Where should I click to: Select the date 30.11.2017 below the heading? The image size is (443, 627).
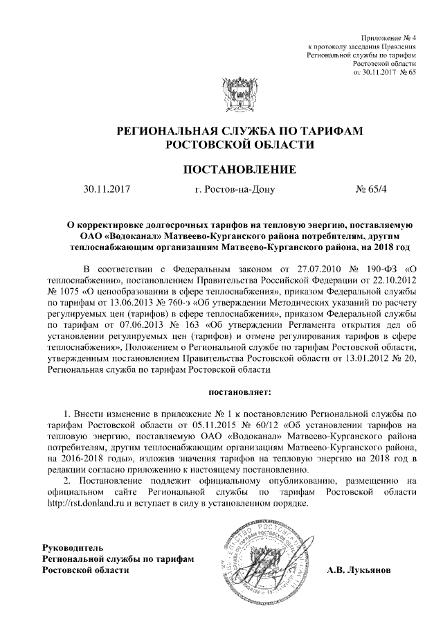pos(107,188)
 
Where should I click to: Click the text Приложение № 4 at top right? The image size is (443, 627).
pos(390,35)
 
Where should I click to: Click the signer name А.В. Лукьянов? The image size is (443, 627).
pos(359,569)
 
